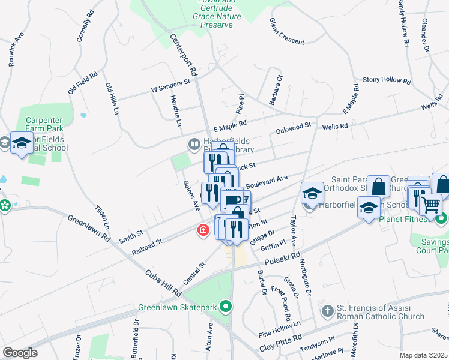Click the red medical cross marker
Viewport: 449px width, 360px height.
click(203, 230)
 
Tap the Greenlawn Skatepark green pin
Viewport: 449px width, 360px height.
click(226, 307)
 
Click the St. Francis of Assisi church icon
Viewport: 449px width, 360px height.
click(327, 311)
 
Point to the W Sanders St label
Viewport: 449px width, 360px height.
click(170, 85)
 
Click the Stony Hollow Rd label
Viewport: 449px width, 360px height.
click(385, 79)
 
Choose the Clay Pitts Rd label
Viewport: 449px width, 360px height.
click(282, 347)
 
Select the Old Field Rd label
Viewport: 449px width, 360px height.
click(83, 83)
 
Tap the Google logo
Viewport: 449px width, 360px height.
click(20, 353)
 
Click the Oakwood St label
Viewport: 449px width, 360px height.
click(293, 128)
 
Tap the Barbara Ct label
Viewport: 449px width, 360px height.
click(276, 89)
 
